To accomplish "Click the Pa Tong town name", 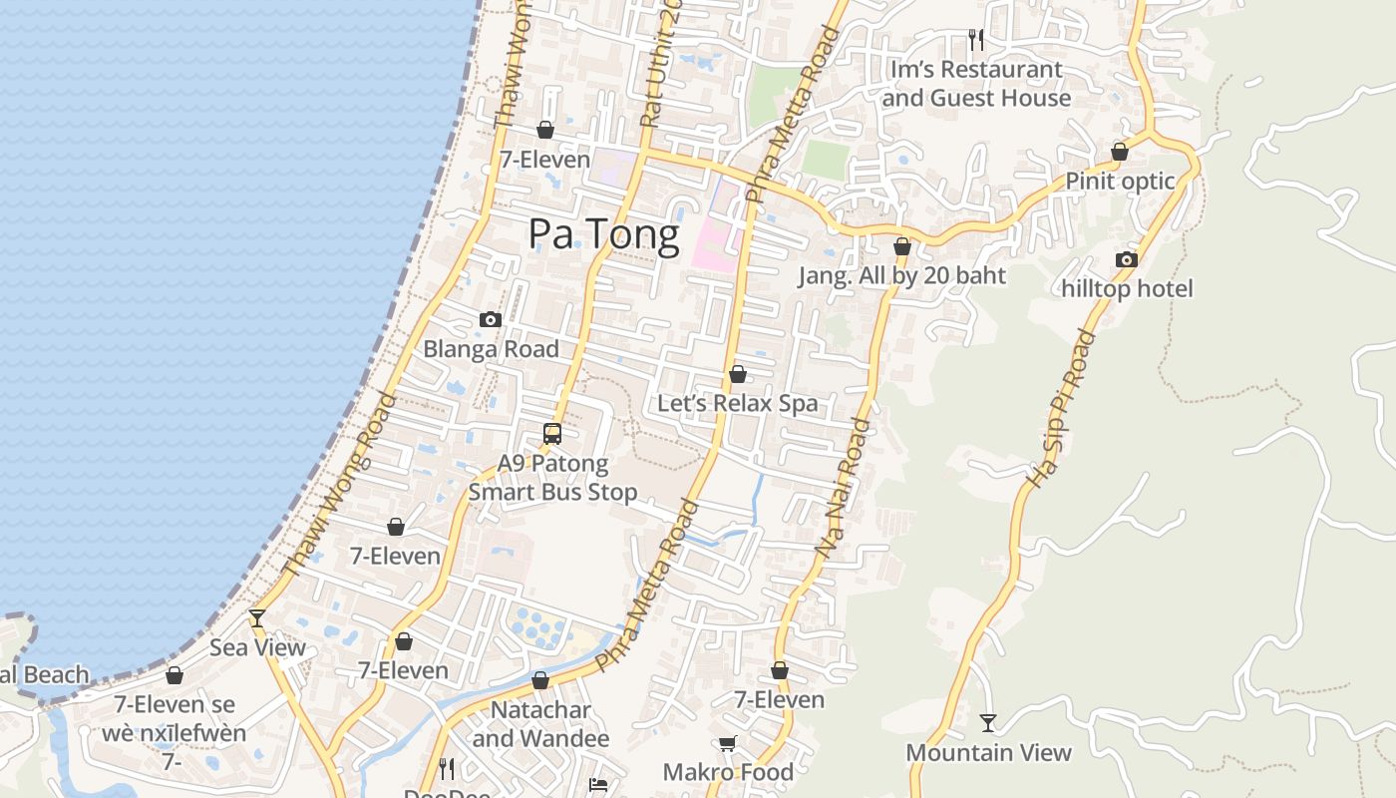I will click(x=604, y=233).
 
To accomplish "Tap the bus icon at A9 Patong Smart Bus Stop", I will click(x=552, y=434).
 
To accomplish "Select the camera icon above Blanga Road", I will click(x=490, y=320).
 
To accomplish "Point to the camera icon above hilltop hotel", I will click(x=1127, y=260).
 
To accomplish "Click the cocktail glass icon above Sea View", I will click(x=257, y=618).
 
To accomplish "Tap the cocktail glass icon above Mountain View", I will click(x=988, y=723).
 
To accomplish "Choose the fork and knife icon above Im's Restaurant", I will click(x=976, y=40).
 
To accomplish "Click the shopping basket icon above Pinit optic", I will click(x=1120, y=152).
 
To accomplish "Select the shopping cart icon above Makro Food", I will click(x=728, y=743).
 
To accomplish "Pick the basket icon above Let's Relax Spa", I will click(x=738, y=374).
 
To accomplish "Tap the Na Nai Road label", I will click(x=844, y=487).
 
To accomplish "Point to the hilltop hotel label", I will click(x=1127, y=288).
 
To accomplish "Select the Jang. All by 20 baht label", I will click(x=901, y=275).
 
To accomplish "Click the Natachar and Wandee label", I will click(x=540, y=724).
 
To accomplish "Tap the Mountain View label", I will click(x=988, y=752).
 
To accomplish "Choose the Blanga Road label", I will click(x=491, y=349).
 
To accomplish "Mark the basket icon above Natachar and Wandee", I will click(x=540, y=680).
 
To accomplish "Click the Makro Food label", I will click(x=728, y=772).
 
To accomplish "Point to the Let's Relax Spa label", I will click(x=737, y=403).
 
